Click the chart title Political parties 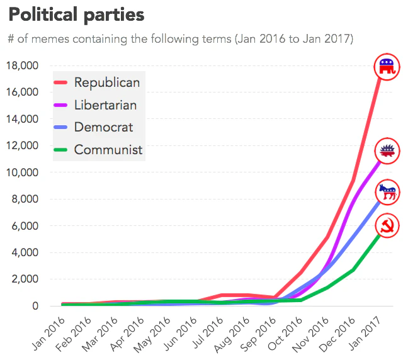pyautogui.click(x=76, y=14)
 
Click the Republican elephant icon pyautogui.click(x=387, y=66)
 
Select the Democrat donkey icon pyautogui.click(x=387, y=191)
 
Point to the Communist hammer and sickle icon pyautogui.click(x=387, y=227)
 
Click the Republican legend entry pyautogui.click(x=106, y=82)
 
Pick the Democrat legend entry pyautogui.click(x=103, y=127)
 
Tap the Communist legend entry pyautogui.click(x=108, y=150)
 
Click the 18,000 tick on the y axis pyautogui.click(x=22, y=65)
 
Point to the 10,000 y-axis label pyautogui.click(x=22, y=172)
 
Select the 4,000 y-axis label pyautogui.click(x=25, y=252)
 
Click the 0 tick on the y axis pyautogui.click(x=35, y=306)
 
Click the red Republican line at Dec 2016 pyautogui.click(x=354, y=181)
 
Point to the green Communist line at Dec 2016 pyautogui.click(x=354, y=269)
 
